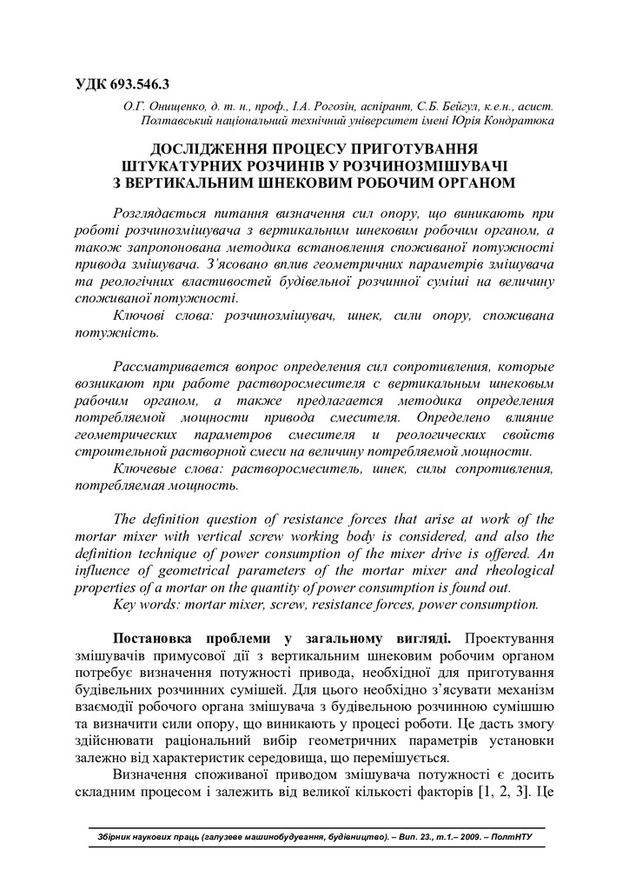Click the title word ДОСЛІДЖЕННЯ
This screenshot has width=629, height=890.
[207, 149]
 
